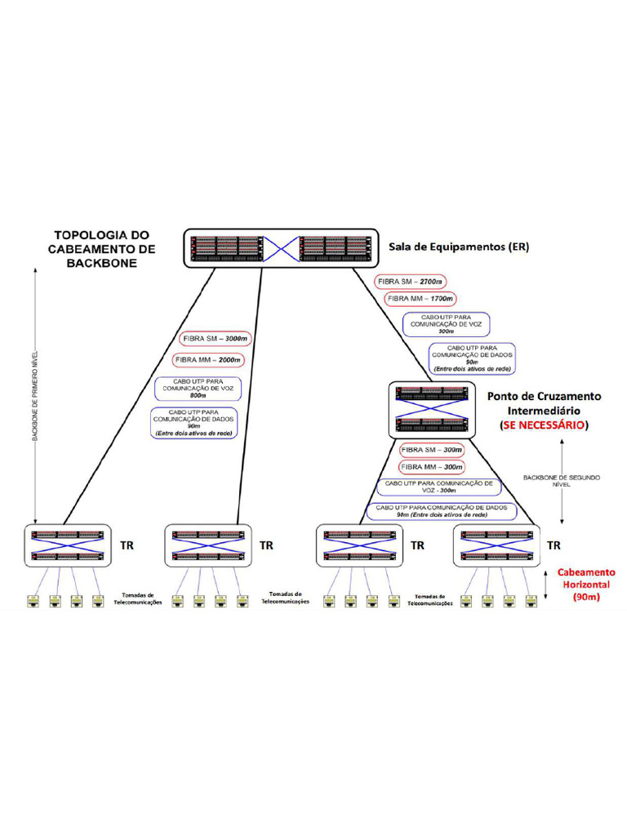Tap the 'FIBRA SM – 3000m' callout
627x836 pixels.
[211, 339]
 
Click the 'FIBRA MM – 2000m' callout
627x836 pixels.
[208, 359]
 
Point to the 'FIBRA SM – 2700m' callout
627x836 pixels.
[411, 282]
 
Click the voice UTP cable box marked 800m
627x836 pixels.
[197, 388]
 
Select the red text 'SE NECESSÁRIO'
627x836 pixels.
[543, 425]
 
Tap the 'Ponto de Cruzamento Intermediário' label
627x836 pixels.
[543, 403]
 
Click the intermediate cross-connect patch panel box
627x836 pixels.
[432, 407]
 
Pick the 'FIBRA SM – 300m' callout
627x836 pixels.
[431, 450]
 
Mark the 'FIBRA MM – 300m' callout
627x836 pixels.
[431, 466]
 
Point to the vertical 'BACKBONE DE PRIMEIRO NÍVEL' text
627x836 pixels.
[35, 396]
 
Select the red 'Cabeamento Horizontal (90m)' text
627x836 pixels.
[585, 585]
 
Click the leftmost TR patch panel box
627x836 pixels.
[69, 546]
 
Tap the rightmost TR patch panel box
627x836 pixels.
[497, 546]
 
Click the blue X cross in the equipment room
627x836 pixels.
[281, 247]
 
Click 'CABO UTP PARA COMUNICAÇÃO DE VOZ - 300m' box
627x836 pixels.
[437, 487]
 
